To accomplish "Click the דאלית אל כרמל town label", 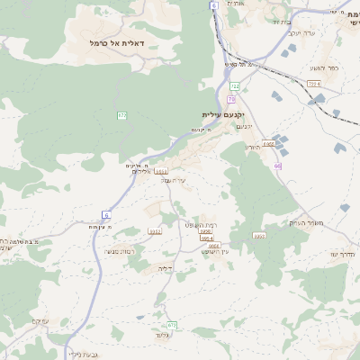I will (123, 42).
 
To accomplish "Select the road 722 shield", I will (235, 86).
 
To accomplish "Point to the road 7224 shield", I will (313, 84).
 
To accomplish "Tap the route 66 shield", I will (278, 166).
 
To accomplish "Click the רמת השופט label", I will (202, 224).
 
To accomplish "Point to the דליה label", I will (165, 268).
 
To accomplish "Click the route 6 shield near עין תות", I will (105, 214).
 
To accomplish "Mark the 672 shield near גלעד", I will (172, 325).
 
